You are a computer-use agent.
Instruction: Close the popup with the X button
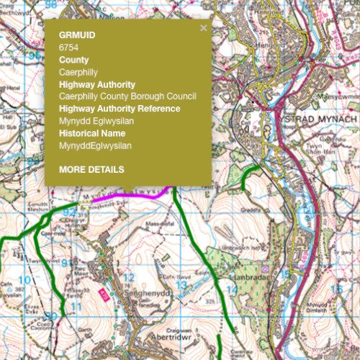coord(203,28)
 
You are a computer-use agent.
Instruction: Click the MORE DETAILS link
coord(91,169)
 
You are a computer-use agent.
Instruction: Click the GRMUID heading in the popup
coord(76,35)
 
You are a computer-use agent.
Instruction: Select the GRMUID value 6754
coord(68,47)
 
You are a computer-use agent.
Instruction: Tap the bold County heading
coord(73,60)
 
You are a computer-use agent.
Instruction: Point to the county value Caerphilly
coord(78,72)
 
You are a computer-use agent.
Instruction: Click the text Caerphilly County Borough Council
coord(127,96)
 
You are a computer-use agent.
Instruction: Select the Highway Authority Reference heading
coord(119,109)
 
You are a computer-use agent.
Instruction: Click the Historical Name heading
coord(92,133)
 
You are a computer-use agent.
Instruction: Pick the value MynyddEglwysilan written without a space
coord(95,145)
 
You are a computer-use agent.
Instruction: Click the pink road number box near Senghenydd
coord(103,293)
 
